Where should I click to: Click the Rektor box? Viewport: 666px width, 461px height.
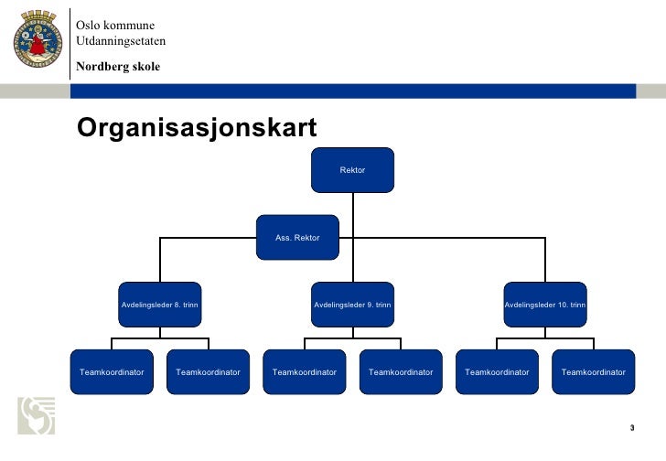click(352, 170)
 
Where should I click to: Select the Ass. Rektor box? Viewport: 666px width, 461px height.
click(297, 238)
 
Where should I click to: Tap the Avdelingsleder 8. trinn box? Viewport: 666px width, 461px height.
click(160, 304)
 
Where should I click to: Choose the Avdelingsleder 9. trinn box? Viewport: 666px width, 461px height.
click(352, 304)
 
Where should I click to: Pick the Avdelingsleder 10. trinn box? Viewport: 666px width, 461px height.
click(545, 304)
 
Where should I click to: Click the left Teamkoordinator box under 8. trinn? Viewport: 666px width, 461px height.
click(112, 372)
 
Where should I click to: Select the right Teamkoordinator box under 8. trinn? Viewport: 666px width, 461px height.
click(208, 372)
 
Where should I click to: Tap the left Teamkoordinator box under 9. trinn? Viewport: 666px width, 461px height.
click(305, 372)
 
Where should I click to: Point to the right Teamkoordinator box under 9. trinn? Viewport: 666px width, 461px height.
click(401, 372)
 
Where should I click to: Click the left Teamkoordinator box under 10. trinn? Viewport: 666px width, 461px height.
click(497, 372)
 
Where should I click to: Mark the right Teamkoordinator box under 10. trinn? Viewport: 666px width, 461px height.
click(594, 372)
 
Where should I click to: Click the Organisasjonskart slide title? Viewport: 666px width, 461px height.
click(197, 129)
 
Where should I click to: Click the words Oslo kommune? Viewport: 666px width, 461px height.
click(115, 25)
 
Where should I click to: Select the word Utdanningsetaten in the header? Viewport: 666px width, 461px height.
click(121, 41)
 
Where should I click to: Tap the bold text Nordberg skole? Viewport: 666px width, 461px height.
click(118, 67)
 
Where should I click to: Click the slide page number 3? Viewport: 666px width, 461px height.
click(631, 428)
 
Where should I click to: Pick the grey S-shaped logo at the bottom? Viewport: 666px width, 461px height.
click(36, 416)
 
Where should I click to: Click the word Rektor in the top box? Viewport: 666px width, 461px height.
click(352, 170)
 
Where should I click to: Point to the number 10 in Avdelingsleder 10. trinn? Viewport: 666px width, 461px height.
click(563, 304)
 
